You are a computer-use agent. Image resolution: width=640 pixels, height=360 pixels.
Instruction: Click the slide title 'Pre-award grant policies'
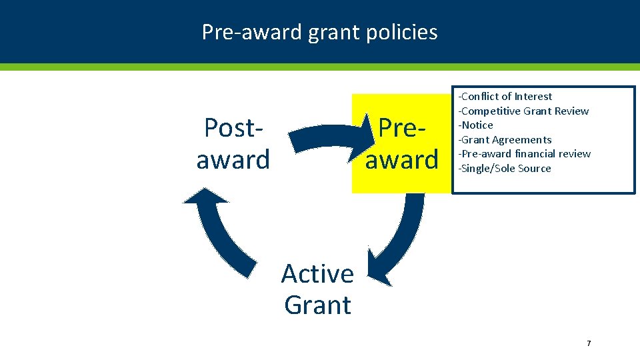[x=319, y=32]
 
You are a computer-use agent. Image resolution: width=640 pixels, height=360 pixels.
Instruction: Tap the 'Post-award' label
[x=233, y=143]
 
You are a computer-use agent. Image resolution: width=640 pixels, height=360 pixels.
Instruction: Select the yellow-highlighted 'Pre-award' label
[x=401, y=143]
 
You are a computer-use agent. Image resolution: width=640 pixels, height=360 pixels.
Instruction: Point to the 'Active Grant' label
[x=317, y=289]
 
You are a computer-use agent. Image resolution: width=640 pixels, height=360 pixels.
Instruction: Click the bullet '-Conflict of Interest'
[x=505, y=97]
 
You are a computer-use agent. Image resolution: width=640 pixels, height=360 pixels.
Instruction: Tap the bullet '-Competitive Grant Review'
[x=523, y=111]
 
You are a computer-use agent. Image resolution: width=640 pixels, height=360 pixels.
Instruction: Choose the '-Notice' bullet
[x=475, y=125]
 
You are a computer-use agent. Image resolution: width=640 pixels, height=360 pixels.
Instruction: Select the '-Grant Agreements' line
[x=505, y=140]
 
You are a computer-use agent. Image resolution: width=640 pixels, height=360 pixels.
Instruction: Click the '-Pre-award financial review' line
[x=524, y=154]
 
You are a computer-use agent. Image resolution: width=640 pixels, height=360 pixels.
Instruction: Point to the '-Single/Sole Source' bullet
[x=504, y=169]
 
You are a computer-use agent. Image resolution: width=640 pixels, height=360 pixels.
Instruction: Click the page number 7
[x=589, y=343]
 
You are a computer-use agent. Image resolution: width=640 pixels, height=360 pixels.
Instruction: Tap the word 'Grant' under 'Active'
[x=317, y=305]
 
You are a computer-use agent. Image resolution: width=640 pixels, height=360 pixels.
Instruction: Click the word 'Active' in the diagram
[x=317, y=273]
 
